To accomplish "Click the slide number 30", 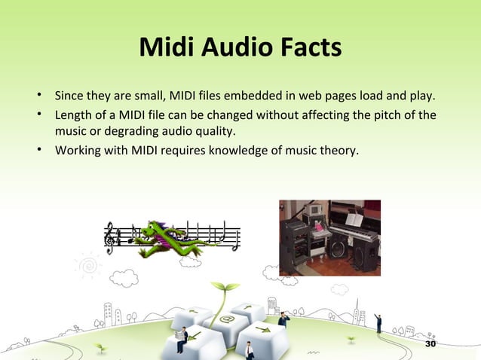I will point(431,344).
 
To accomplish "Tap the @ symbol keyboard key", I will point(226,321).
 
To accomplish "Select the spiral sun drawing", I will point(87,266).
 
